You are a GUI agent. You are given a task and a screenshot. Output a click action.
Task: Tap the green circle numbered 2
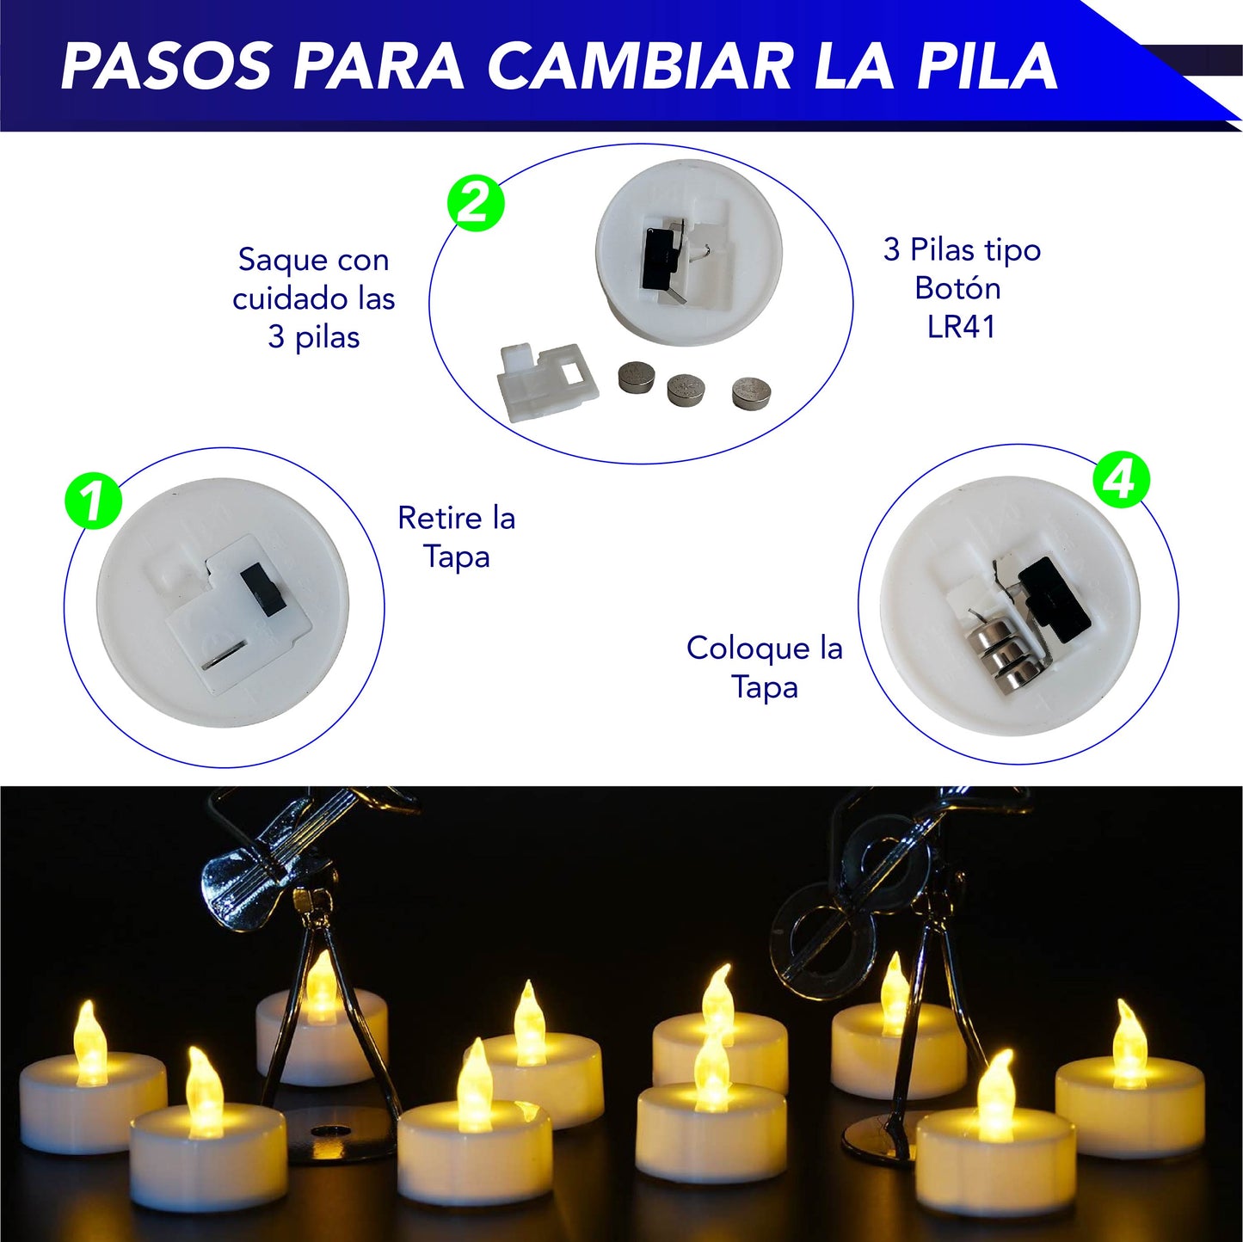[x=476, y=204]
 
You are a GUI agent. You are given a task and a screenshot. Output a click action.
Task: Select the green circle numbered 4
[x=1121, y=479]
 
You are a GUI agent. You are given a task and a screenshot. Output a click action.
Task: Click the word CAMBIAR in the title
[x=639, y=66]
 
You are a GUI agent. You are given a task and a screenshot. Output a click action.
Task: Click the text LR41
[x=961, y=327]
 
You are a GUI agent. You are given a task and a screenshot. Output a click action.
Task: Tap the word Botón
[x=957, y=288]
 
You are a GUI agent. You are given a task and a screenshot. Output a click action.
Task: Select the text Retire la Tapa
[x=456, y=537]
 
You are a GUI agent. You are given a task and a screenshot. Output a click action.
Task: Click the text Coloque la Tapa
[x=764, y=667]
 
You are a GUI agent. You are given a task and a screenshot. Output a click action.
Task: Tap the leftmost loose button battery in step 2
[x=636, y=378]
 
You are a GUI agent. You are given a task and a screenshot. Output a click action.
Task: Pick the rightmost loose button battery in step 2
[x=751, y=391]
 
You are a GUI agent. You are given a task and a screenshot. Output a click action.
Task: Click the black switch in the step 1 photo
[x=262, y=589]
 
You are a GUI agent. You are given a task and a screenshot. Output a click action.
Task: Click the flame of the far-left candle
[x=89, y=1041]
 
